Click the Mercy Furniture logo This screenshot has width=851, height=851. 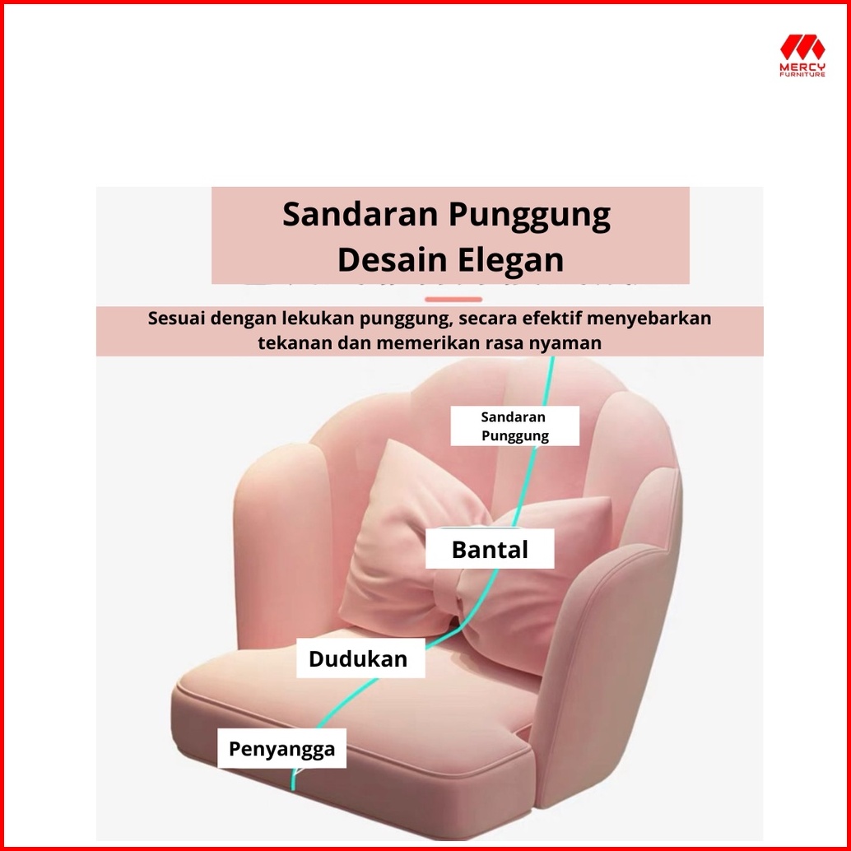click(x=802, y=55)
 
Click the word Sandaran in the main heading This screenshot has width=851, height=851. click(x=360, y=214)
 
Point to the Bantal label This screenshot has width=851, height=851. click(x=490, y=549)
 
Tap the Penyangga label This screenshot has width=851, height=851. click(x=281, y=748)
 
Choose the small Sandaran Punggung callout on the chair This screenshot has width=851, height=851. click(x=514, y=426)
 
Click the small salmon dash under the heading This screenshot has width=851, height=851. click(x=453, y=299)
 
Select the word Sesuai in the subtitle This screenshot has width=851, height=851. click(x=176, y=318)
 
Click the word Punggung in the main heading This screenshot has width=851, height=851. click(x=529, y=215)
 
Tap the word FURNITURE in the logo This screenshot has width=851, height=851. click(x=802, y=74)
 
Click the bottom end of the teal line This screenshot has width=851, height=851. click(x=293, y=788)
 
